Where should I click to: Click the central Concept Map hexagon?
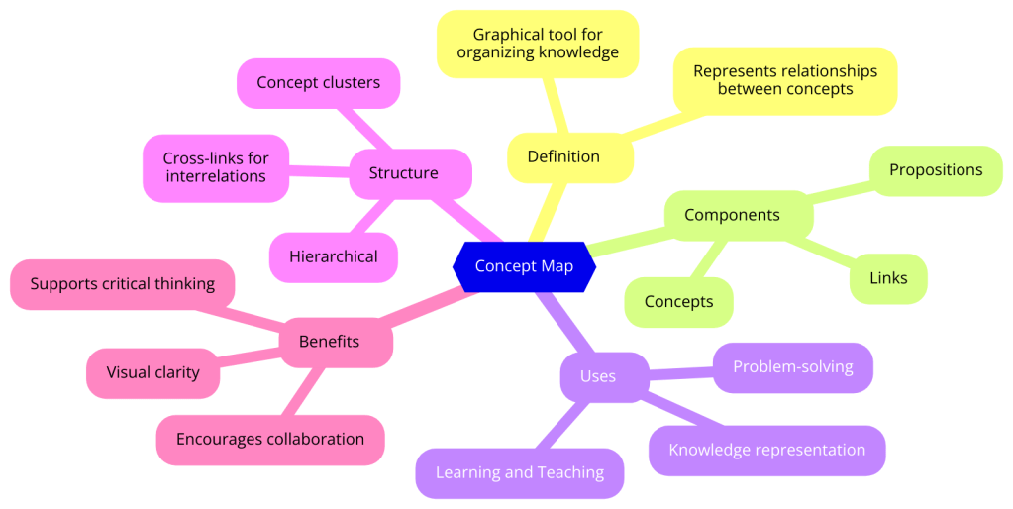[x=524, y=266]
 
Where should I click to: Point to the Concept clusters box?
[x=318, y=83]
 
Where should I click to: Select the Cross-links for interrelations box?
[x=216, y=167]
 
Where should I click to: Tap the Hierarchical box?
[x=333, y=256]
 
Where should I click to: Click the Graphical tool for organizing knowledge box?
[x=538, y=44]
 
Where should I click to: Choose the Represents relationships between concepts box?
[x=784, y=80]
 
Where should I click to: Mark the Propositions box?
[x=935, y=170]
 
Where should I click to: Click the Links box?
[x=887, y=278]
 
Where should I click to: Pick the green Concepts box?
[x=678, y=302]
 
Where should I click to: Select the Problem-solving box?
[x=792, y=367]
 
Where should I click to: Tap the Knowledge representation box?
[x=766, y=450]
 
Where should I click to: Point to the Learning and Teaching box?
[x=520, y=472]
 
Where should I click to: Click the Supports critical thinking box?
[x=122, y=284]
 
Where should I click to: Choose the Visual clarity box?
[x=152, y=372]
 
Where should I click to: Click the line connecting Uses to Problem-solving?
[x=681, y=372]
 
